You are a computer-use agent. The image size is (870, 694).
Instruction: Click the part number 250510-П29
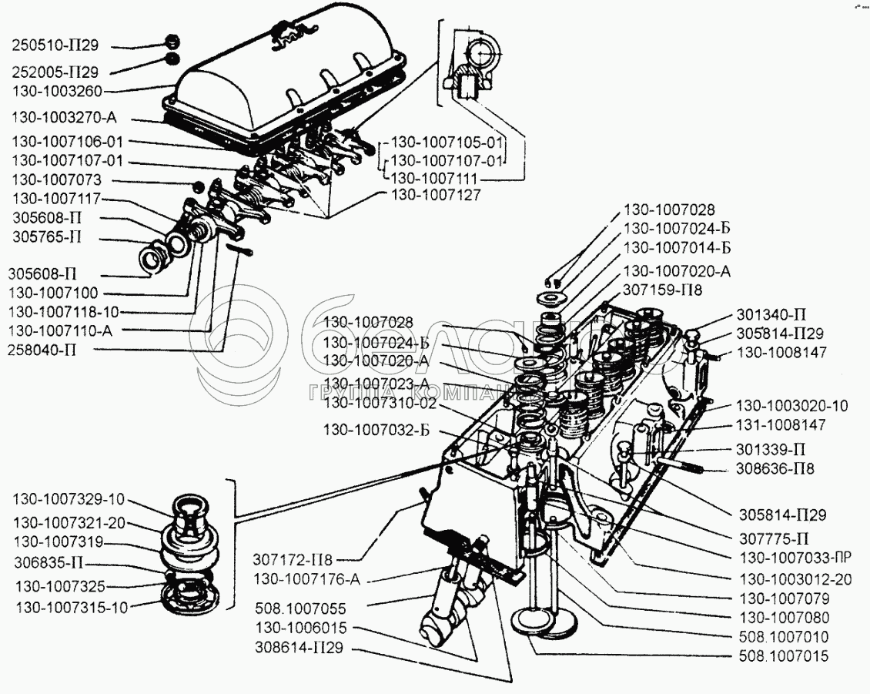pyautogui.click(x=55, y=45)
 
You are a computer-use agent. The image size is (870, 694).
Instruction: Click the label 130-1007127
pyautogui.click(x=436, y=195)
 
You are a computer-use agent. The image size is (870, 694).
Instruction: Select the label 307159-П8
pyautogui.click(x=663, y=290)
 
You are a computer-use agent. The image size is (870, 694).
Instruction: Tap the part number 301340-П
pyautogui.click(x=771, y=314)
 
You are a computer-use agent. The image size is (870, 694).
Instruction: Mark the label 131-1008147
pyautogui.click(x=781, y=424)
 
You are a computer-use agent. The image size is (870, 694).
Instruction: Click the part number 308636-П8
pyautogui.click(x=775, y=468)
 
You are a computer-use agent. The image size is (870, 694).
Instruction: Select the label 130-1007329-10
pyautogui.click(x=69, y=498)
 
